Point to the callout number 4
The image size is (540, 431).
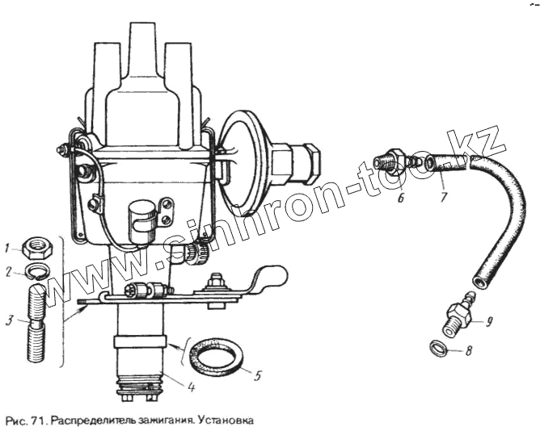(190, 387)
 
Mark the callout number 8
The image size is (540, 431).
(469, 352)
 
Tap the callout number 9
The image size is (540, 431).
(488, 321)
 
